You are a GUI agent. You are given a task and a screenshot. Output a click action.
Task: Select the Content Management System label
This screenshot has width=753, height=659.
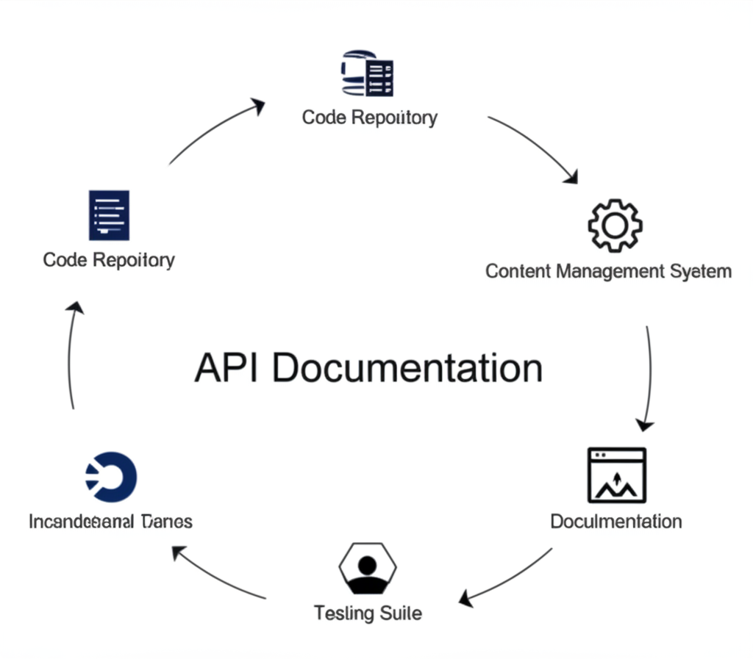point(608,271)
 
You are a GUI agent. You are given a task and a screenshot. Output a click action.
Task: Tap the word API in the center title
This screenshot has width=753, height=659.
point(226,367)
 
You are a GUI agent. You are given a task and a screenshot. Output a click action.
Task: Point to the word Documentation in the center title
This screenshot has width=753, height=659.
point(407,367)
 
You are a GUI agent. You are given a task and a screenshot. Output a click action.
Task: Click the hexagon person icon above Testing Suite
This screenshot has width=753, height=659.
point(367,568)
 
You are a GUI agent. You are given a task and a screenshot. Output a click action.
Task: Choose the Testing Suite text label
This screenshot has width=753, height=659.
point(368,613)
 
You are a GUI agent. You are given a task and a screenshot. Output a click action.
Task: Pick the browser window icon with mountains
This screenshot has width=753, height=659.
point(616,475)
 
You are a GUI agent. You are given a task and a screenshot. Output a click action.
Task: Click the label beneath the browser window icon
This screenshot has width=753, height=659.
point(615,522)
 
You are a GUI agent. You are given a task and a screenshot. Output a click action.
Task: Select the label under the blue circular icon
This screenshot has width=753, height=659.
point(110,522)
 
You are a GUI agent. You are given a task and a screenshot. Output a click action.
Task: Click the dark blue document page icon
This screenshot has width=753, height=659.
point(109,215)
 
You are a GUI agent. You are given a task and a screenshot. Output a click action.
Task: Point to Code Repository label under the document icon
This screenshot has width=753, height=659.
point(109,260)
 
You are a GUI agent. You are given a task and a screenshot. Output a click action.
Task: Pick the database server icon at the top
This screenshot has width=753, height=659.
point(368,73)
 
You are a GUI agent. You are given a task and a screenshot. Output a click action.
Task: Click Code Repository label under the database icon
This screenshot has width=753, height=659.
point(369,118)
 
